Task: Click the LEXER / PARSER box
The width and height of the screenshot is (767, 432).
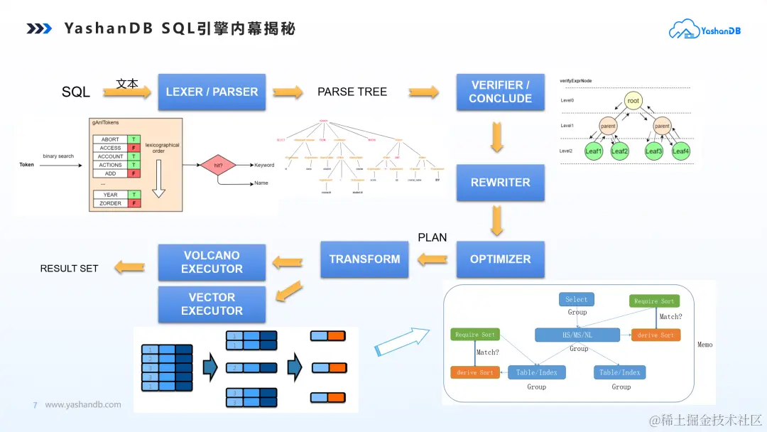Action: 212,92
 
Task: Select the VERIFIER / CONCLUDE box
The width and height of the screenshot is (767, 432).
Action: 500,92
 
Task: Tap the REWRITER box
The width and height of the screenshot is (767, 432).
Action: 500,183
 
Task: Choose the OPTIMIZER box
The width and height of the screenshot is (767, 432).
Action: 500,259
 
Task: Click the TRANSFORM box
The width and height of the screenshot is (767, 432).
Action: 364,259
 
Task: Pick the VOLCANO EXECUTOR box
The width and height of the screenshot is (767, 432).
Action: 212,262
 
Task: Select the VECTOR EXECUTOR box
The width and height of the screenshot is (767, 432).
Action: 212,304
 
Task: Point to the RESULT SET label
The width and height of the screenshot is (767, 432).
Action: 69,269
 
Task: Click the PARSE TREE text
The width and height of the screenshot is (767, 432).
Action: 352,92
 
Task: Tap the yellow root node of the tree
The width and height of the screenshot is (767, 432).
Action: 633,101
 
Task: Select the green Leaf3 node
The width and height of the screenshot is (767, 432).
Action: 653,151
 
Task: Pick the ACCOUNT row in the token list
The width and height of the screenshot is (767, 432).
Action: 110,156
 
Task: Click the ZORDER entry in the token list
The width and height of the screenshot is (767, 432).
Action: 110,203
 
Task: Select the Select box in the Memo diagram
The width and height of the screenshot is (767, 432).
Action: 577,299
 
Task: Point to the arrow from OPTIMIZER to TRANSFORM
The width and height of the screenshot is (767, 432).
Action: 431,260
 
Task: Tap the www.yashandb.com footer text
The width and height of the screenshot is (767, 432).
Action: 83,405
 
